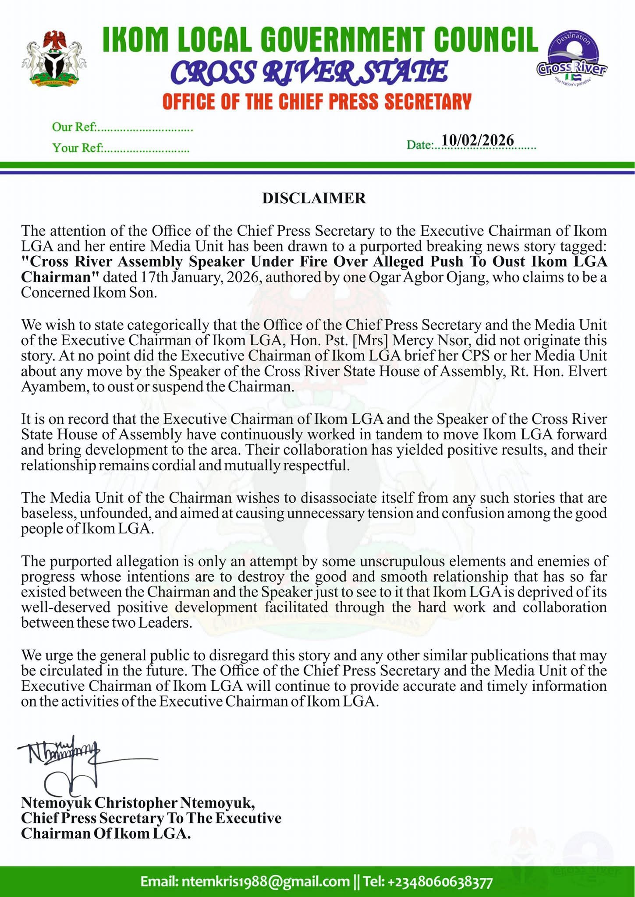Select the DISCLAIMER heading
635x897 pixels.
point(314,198)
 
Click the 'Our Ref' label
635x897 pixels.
point(74,127)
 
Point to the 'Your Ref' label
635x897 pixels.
point(77,148)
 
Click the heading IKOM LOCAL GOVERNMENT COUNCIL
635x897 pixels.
point(320,40)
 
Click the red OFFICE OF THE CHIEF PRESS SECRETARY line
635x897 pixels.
point(316,102)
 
